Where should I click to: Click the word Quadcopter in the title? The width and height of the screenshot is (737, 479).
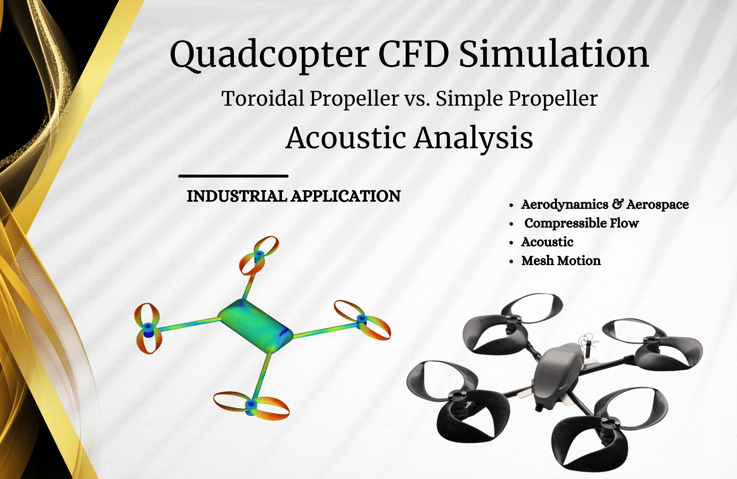pyautogui.click(x=269, y=54)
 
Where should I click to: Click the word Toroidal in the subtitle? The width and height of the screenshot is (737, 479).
pyautogui.click(x=263, y=98)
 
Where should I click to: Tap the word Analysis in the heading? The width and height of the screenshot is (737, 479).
pyautogui.click(x=473, y=138)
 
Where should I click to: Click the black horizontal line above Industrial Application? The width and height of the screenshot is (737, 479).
pyautogui.click(x=233, y=176)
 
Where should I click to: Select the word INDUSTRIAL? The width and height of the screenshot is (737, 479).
pyautogui.click(x=237, y=196)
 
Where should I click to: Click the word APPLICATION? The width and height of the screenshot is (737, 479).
pyautogui.click(x=346, y=196)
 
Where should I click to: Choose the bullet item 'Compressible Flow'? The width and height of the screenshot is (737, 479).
pyautogui.click(x=581, y=223)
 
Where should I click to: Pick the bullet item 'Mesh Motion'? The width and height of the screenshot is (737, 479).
pyautogui.click(x=561, y=261)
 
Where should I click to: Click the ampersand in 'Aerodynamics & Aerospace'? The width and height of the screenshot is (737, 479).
pyautogui.click(x=618, y=204)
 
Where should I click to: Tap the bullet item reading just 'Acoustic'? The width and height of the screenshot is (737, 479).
pyautogui.click(x=547, y=242)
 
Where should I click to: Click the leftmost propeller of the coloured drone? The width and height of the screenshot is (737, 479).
pyautogui.click(x=148, y=328)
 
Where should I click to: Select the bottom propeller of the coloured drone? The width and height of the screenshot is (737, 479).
pyautogui.click(x=251, y=405)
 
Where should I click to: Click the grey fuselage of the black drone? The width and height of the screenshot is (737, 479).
pyautogui.click(x=557, y=375)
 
